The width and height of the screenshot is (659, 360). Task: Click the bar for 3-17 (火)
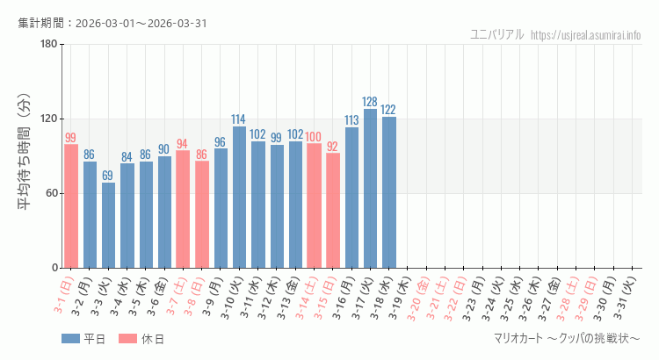tap(370, 188)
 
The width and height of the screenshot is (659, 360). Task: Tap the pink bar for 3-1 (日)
tap(71, 205)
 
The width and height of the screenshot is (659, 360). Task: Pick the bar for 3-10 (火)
tap(239, 197)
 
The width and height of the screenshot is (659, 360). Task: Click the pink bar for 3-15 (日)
tap(332, 210)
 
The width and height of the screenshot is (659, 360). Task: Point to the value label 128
tap(370, 102)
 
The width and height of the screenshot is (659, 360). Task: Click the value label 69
tap(108, 176)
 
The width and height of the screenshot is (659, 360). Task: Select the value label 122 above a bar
tap(388, 110)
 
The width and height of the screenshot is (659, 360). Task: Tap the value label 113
tap(351, 120)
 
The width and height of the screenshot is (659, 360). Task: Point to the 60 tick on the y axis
tap(51, 193)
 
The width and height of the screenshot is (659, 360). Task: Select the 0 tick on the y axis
tap(54, 268)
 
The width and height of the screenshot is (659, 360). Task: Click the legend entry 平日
tap(83, 339)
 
